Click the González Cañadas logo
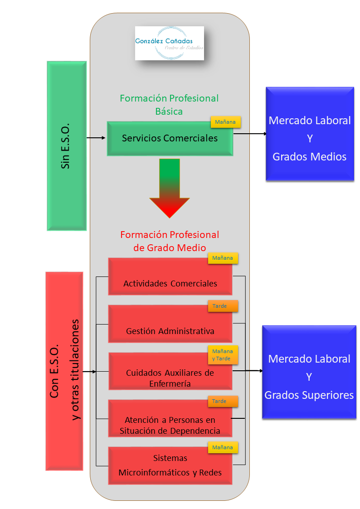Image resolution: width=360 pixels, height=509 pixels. (170, 43)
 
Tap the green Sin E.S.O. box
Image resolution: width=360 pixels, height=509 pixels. (66, 146)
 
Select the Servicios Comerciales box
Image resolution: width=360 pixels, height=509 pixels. (170, 139)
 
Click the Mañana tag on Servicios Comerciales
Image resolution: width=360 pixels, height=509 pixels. (225, 122)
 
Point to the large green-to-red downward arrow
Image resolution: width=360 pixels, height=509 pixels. (170, 188)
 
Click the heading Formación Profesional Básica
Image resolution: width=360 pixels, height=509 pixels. (169, 104)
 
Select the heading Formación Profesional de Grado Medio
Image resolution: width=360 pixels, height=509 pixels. (170, 241)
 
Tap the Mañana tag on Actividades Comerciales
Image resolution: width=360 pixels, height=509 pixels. (223, 258)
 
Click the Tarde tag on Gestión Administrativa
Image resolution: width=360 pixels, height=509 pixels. (223, 306)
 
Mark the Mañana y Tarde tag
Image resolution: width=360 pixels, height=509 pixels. (223, 355)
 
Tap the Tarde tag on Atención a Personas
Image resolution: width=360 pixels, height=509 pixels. (223, 401)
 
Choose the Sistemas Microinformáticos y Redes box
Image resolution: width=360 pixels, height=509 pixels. (170, 466)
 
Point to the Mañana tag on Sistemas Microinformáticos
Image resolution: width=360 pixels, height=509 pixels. (223, 447)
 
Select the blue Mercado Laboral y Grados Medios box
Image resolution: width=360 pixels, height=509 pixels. (310, 134)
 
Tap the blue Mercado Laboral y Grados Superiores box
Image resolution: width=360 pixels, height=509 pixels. (310, 372)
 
